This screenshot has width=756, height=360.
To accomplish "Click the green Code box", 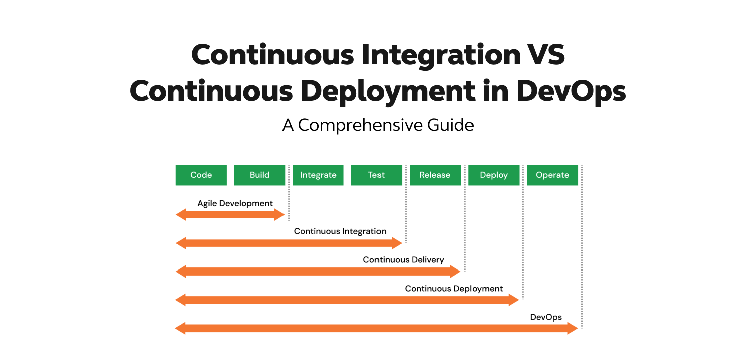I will pos(201,175).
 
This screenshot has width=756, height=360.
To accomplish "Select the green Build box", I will pos(259,175).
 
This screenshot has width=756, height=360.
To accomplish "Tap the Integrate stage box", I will pos(318,175).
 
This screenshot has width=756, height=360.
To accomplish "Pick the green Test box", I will pos(376,175).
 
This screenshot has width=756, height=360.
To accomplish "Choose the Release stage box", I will pos(435,175).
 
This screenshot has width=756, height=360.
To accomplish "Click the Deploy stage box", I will pos(494,175).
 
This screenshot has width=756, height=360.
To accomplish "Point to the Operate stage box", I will pos(552,175).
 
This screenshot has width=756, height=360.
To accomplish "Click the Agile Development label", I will pos(235,203).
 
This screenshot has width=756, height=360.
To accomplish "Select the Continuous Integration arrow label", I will pos(340,231).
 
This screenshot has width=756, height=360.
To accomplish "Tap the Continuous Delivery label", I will pos(404,260).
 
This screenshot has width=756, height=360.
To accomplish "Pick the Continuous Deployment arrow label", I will pos(454,289).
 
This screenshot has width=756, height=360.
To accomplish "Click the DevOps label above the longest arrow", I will pos(546,317).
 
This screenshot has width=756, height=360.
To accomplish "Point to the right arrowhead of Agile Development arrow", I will pos(279,215).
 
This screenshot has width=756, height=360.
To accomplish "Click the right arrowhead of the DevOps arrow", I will pos(573,329).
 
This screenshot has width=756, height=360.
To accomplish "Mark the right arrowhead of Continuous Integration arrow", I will pos(397,243).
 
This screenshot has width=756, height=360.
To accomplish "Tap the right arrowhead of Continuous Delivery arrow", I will pos(455,272).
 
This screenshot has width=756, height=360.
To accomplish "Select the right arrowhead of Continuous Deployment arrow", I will pos(514,300).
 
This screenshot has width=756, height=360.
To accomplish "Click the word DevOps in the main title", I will pos(571,91).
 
